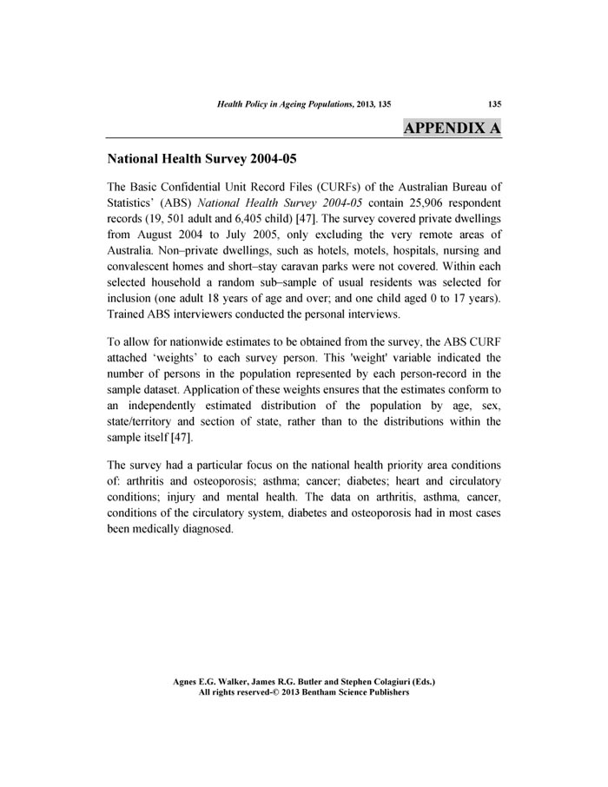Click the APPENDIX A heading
(x=452, y=128)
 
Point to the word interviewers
(x=197, y=313)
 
